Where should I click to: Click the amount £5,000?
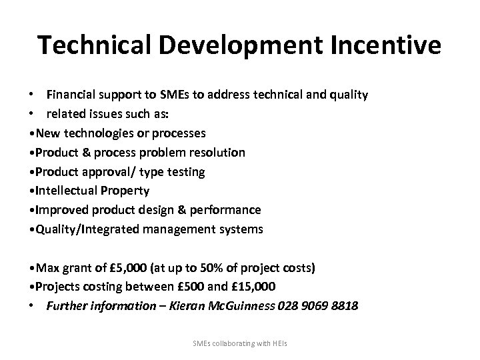[x=123, y=268]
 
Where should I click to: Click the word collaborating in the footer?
[x=237, y=343]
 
